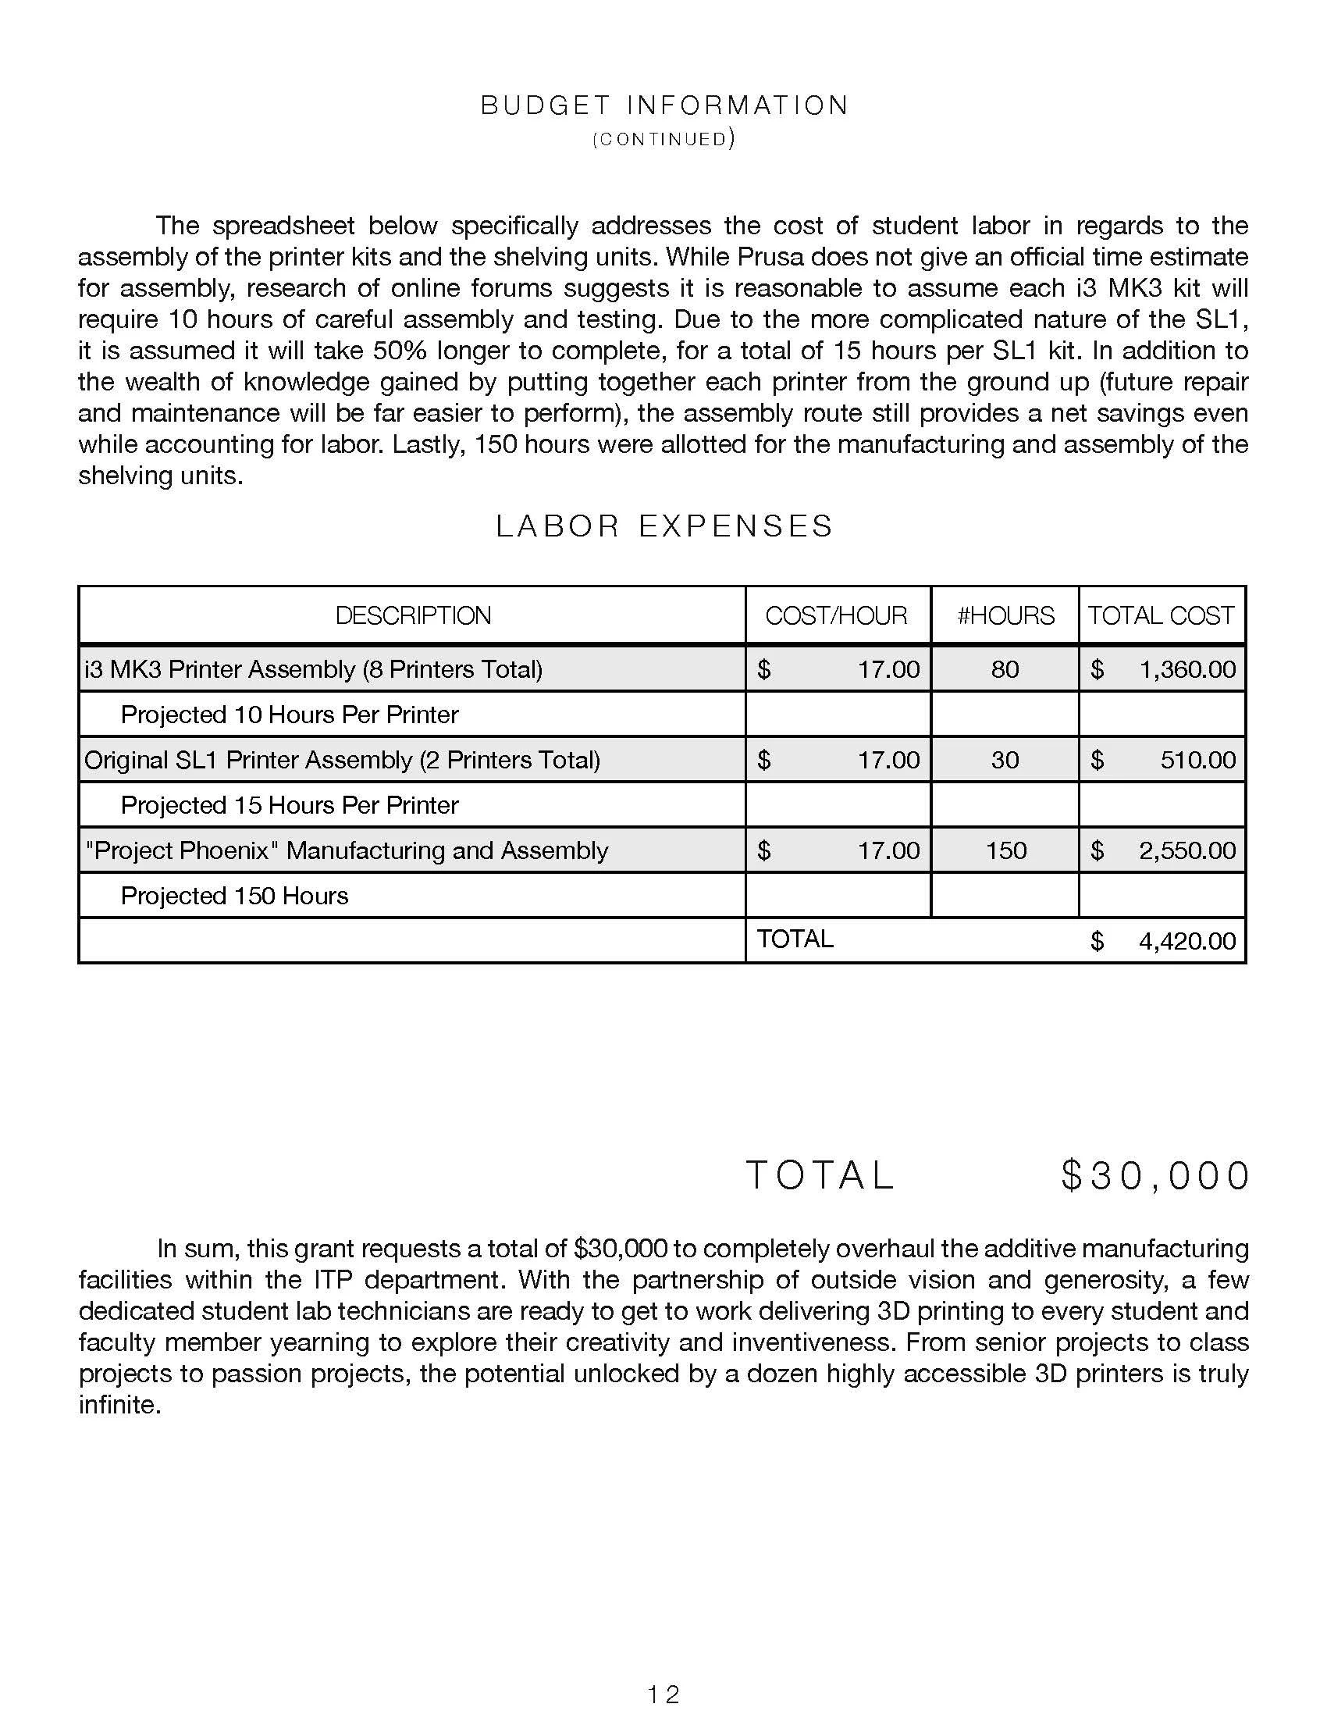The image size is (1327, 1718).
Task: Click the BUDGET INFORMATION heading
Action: pos(664,105)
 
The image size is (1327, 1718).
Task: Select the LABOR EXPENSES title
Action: pos(664,526)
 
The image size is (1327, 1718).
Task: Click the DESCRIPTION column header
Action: pos(413,615)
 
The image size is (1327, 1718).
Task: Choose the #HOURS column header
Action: pos(1005,615)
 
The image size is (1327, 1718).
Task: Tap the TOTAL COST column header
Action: pos(1162,615)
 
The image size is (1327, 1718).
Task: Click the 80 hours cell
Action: pos(1005,669)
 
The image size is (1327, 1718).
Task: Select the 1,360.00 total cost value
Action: pos(1187,669)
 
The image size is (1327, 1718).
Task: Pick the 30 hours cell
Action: pos(1005,760)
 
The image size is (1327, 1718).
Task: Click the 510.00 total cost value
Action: pos(1198,760)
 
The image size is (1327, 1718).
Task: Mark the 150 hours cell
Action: pos(1005,850)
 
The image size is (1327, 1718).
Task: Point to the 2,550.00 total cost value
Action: pos(1187,850)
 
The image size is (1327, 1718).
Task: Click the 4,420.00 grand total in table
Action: pos(1187,941)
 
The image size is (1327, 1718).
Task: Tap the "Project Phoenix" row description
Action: pos(346,850)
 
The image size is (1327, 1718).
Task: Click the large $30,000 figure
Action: pos(1154,1176)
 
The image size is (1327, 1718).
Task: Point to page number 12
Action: pos(663,1694)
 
